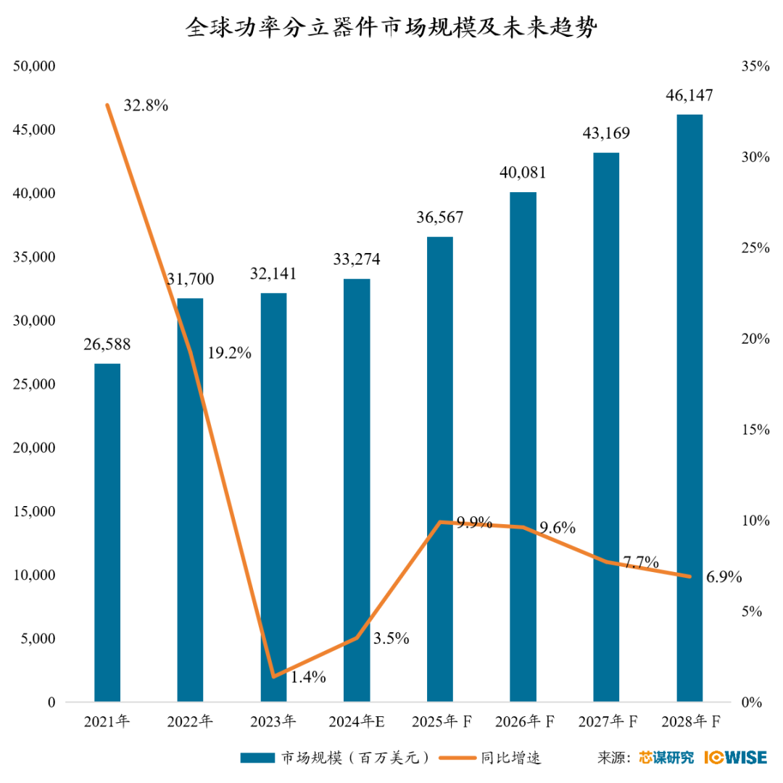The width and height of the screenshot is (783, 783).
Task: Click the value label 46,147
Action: (x=689, y=96)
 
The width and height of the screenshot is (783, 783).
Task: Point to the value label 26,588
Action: (x=107, y=344)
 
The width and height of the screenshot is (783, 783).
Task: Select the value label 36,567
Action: (x=439, y=217)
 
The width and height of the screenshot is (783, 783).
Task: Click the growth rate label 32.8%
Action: (x=146, y=106)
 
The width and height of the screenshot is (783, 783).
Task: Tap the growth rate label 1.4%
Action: (x=308, y=677)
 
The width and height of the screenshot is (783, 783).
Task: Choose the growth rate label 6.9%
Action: (x=724, y=577)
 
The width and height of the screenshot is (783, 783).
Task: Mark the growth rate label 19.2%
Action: (x=229, y=354)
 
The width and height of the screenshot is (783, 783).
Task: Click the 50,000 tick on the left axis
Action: (x=35, y=67)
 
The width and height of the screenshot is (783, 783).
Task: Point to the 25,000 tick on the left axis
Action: (x=35, y=384)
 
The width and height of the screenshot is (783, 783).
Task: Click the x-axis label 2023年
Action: (x=273, y=721)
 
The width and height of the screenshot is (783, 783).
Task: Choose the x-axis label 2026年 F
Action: (x=524, y=721)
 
